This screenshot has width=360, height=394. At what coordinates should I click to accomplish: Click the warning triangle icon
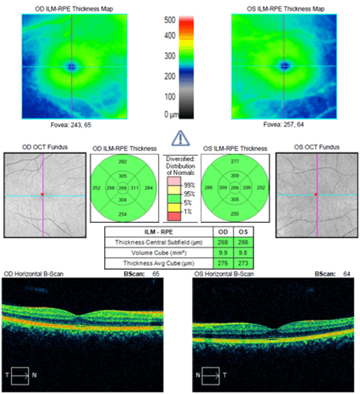(x=180, y=139)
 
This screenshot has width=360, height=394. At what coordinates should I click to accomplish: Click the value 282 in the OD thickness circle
(x=123, y=162)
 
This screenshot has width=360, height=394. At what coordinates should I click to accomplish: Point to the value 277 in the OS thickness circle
(x=234, y=163)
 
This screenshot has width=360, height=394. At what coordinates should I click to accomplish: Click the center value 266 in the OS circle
(x=235, y=188)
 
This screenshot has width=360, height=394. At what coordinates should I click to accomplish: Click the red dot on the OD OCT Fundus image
(x=43, y=194)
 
